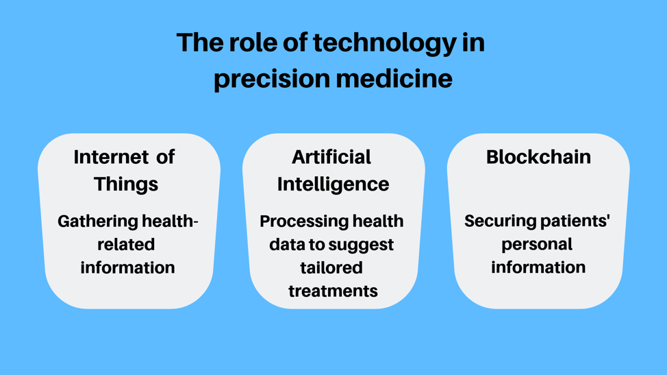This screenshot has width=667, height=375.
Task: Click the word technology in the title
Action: point(385,43)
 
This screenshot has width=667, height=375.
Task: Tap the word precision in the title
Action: point(272,80)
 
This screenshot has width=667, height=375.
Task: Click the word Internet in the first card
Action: point(111,157)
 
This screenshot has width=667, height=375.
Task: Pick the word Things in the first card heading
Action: point(126,184)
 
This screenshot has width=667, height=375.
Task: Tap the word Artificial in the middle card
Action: point(331,157)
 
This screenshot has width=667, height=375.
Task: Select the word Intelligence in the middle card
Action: point(333,184)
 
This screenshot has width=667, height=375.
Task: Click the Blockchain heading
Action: point(538,157)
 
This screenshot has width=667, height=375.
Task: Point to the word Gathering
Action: point(98,221)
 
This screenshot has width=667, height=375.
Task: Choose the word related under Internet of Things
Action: point(126,244)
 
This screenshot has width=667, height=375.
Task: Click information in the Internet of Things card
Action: point(127,268)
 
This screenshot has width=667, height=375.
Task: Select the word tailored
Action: point(331,268)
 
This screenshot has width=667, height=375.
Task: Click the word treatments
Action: point(333,291)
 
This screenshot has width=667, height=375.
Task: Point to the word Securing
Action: point(495,221)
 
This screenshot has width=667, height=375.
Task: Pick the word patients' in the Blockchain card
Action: point(570,221)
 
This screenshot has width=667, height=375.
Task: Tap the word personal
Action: point(537,245)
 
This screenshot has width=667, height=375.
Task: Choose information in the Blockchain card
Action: point(538,267)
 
